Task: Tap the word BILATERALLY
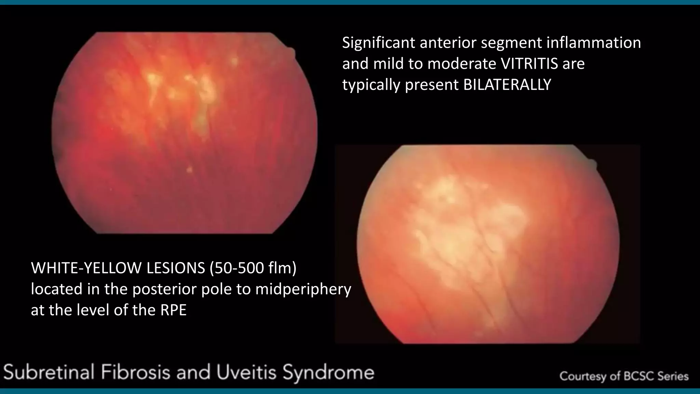click(x=507, y=85)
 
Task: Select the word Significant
click(x=378, y=43)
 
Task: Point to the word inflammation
click(x=593, y=43)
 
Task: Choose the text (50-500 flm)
click(x=253, y=268)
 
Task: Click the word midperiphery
click(x=304, y=290)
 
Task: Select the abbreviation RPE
click(x=173, y=310)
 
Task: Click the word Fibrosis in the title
click(x=134, y=372)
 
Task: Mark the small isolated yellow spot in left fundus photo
click(x=189, y=169)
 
